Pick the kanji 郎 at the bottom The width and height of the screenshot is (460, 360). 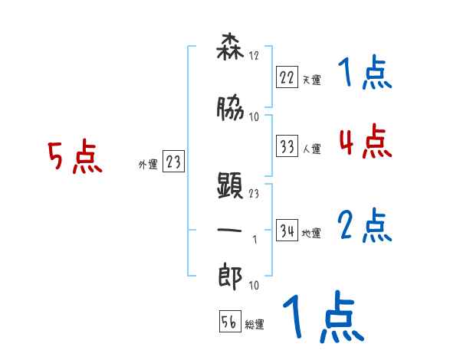tap(230, 273)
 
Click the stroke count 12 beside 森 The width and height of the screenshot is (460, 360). tap(255, 57)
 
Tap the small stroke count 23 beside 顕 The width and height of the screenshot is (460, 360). tap(255, 194)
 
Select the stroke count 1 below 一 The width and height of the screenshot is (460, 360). tap(255, 240)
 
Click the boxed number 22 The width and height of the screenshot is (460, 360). tap(287, 77)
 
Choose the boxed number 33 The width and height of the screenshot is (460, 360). tap(287, 146)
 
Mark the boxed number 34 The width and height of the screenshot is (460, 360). tap(287, 231)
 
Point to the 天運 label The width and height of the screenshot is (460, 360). tap(311, 80)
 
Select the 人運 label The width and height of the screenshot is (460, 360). tap(311, 149)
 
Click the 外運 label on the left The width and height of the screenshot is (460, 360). tap(147, 163)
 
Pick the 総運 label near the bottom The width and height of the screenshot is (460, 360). tap(255, 324)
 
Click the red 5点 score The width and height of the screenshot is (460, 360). tap(74, 159)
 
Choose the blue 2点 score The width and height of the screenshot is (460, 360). tap(364, 227)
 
